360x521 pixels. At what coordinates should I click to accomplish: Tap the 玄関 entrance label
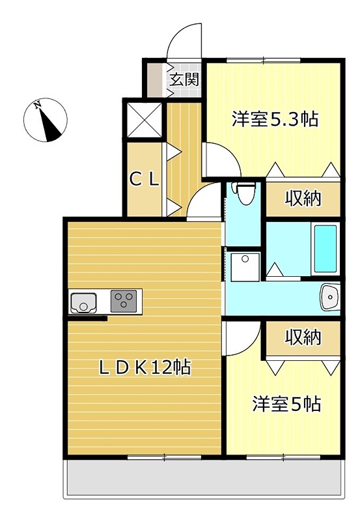tap(184, 80)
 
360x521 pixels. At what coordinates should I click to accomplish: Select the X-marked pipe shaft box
tap(143, 120)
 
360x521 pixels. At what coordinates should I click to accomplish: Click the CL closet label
tap(143, 180)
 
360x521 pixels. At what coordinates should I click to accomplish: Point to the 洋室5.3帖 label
tap(275, 119)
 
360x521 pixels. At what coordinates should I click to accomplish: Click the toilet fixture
tap(245, 193)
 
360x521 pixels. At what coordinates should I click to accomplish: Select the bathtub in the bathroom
tap(324, 249)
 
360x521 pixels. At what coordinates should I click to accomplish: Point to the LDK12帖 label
tap(144, 368)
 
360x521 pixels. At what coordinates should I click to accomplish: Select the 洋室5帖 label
tap(286, 404)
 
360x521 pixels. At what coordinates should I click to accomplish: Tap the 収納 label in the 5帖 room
tap(303, 337)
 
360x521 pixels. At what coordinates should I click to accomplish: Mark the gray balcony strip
tap(202, 481)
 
